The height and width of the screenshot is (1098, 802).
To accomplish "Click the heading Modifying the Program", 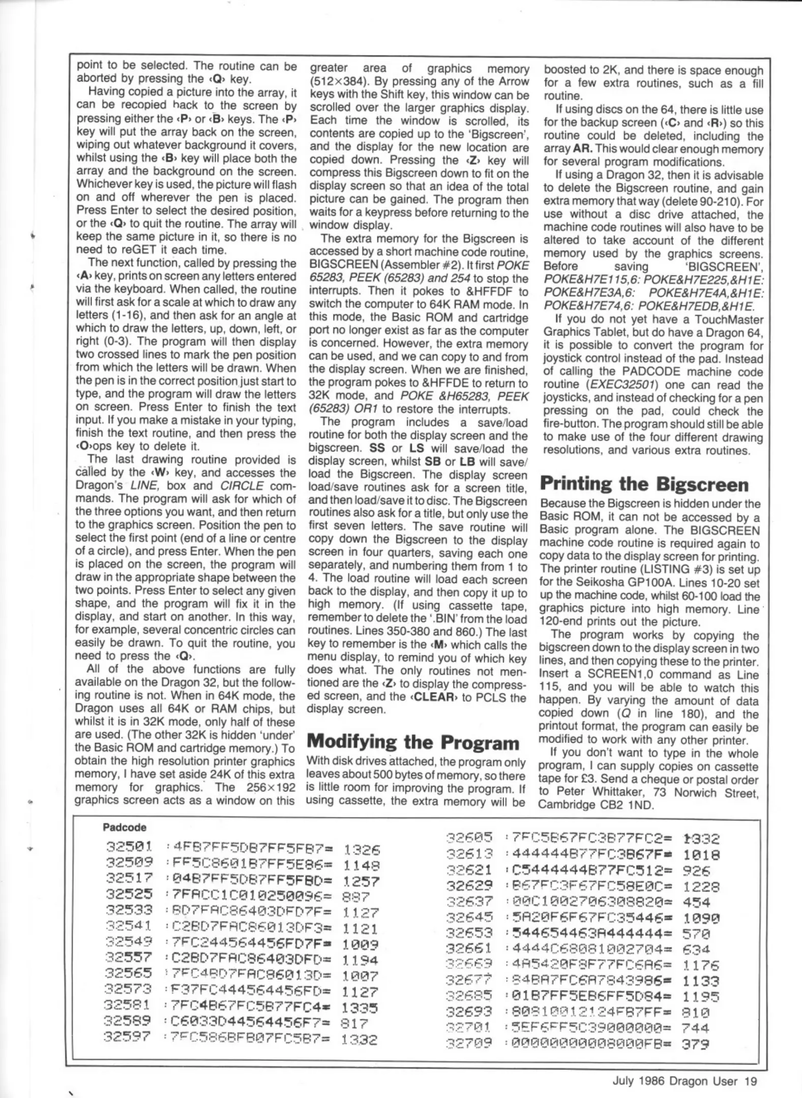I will point(414,742).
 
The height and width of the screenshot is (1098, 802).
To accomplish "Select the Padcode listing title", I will point(124,827).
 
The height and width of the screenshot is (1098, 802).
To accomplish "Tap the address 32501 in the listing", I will point(129,847).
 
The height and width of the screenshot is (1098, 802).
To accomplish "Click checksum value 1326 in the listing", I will point(362,849).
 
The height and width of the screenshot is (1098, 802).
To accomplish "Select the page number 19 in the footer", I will point(751,1081).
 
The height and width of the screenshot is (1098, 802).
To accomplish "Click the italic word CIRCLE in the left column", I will point(248,485).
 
